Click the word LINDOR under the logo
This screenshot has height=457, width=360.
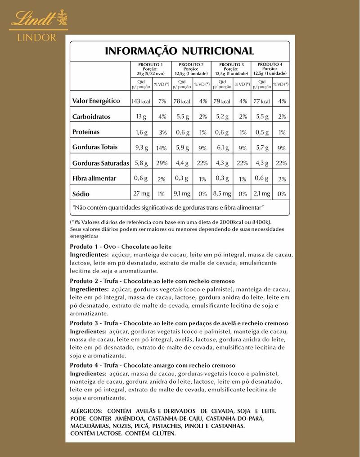pos(37,37)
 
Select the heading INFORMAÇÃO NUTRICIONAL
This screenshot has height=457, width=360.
pos(179,50)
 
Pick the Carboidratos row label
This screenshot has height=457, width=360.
pos(91,117)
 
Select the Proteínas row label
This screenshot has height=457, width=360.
pos(86,132)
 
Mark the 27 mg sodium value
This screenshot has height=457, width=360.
pos(140,194)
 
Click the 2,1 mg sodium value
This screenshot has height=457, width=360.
pos(261,194)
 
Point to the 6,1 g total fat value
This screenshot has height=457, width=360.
pos(222,148)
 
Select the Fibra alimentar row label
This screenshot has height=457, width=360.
pos(94,179)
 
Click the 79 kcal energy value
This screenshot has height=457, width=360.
pos(221,101)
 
